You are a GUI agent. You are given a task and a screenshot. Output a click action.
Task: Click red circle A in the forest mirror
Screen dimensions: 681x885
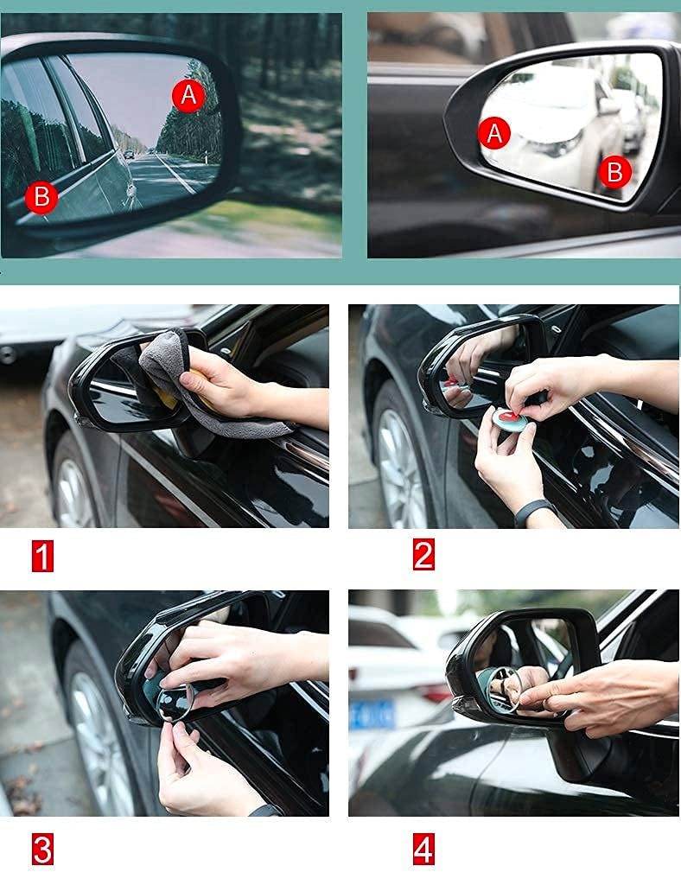(x=188, y=95)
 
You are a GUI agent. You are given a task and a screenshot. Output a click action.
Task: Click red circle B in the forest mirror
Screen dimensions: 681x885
(x=41, y=197)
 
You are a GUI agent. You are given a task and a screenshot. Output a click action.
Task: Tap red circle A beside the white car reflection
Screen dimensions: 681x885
(x=494, y=133)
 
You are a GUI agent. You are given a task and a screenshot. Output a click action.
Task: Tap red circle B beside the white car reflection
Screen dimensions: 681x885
(x=615, y=172)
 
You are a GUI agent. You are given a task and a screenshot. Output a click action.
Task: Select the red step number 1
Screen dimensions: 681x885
(x=43, y=556)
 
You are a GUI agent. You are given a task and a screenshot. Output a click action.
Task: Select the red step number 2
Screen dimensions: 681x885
(x=423, y=554)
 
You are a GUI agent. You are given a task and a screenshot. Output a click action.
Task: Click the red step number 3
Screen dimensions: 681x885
(x=43, y=849)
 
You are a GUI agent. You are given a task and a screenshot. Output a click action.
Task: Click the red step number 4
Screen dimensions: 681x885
(x=423, y=849)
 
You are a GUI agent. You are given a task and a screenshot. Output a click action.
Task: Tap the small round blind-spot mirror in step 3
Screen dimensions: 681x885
(x=175, y=703)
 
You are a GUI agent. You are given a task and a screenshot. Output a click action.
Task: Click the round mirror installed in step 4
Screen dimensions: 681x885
(x=505, y=689)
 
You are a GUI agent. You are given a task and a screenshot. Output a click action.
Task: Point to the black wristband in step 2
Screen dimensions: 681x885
(x=533, y=512)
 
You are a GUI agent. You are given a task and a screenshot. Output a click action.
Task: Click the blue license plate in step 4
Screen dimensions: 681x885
(x=372, y=715)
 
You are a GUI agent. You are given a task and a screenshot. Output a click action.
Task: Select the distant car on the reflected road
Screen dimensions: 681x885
(x=130, y=154)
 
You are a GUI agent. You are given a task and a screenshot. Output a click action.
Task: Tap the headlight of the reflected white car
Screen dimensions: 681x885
(x=556, y=145)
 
